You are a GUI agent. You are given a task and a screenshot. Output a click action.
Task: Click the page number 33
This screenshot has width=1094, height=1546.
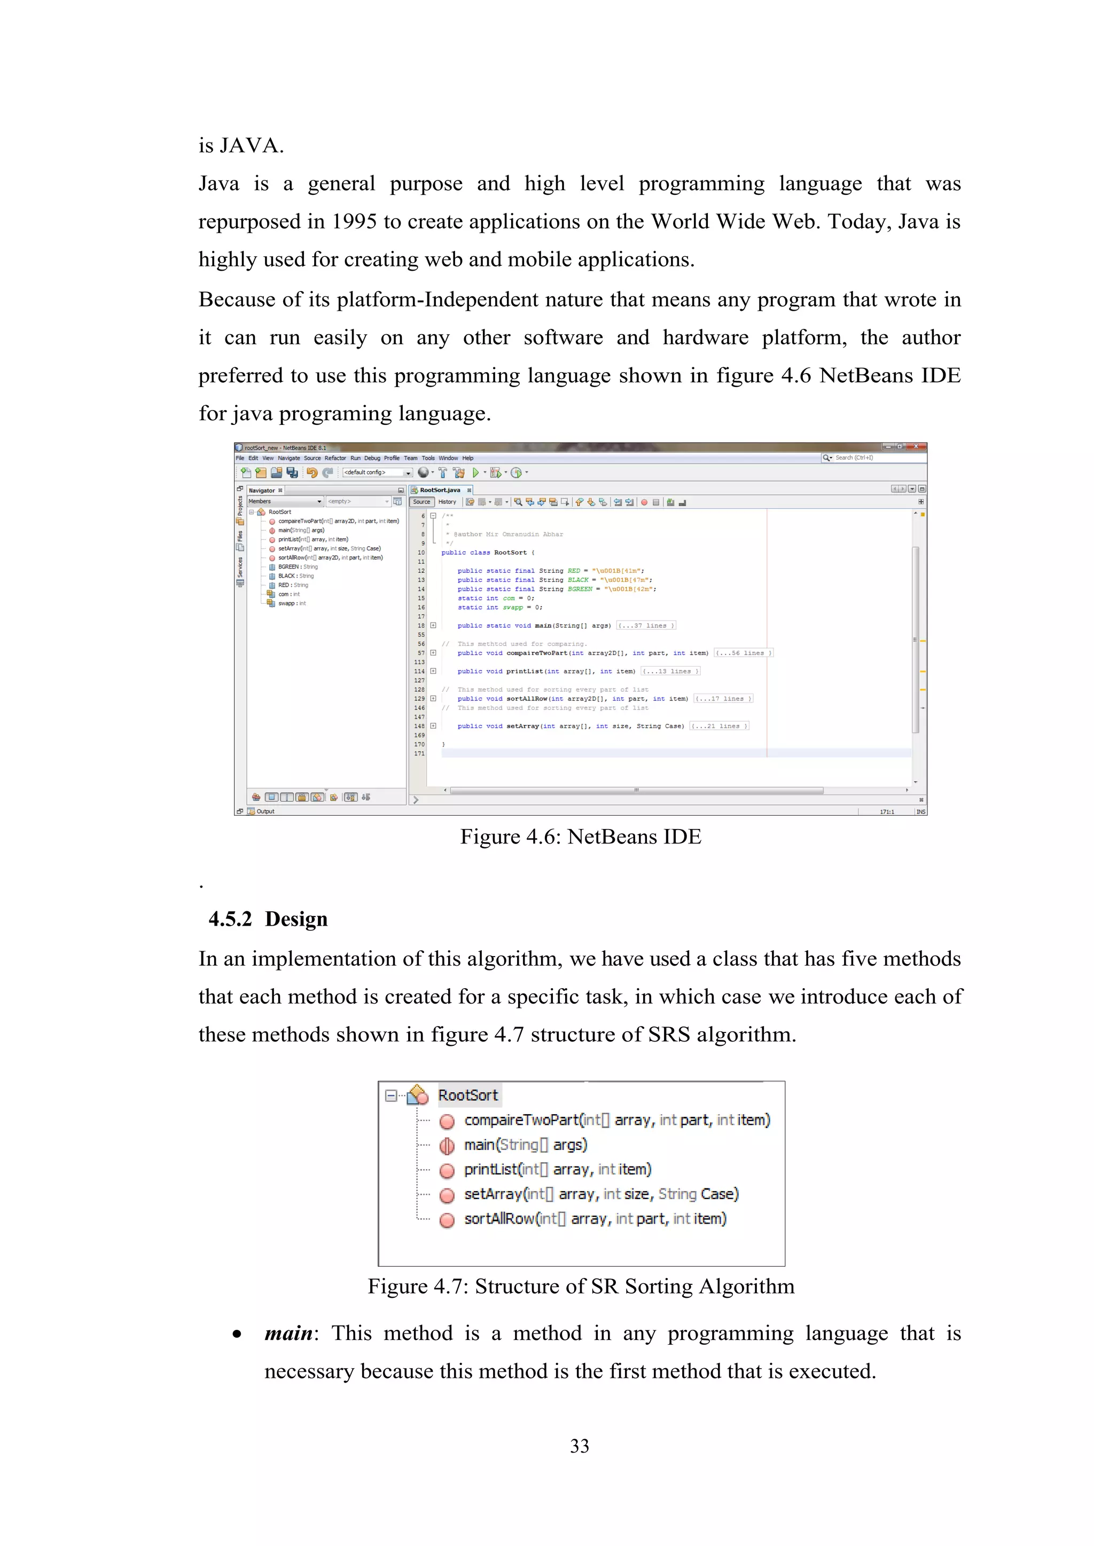(580, 1446)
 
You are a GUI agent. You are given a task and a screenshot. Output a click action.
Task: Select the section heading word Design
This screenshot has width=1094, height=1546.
(296, 919)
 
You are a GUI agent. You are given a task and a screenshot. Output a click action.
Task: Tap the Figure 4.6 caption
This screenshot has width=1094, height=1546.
(580, 837)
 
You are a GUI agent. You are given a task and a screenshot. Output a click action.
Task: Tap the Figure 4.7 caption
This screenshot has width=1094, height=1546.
(581, 1286)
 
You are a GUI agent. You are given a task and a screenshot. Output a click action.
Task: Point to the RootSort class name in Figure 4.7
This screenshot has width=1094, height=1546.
(467, 1095)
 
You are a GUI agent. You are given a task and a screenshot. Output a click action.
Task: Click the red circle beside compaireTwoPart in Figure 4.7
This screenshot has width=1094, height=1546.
(447, 1121)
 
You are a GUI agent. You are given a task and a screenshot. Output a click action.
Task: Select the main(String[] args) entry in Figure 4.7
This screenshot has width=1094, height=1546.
(526, 1145)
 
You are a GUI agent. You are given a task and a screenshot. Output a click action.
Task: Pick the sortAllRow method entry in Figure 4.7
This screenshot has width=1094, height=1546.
(595, 1219)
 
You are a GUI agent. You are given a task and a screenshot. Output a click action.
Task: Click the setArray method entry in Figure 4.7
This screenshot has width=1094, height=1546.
(601, 1194)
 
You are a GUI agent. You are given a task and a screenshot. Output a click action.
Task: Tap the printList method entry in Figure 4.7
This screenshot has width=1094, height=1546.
(557, 1170)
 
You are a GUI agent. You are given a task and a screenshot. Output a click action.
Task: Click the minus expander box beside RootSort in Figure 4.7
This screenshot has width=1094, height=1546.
(390, 1095)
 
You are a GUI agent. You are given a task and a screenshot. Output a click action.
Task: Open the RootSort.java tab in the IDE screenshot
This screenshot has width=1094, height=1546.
(440, 490)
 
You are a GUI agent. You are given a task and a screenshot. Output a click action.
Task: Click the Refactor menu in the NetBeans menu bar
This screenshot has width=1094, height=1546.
(335, 458)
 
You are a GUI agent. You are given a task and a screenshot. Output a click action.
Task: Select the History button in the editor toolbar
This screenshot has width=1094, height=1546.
(447, 502)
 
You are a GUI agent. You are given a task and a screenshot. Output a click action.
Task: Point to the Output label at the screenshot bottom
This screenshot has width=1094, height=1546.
(265, 811)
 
